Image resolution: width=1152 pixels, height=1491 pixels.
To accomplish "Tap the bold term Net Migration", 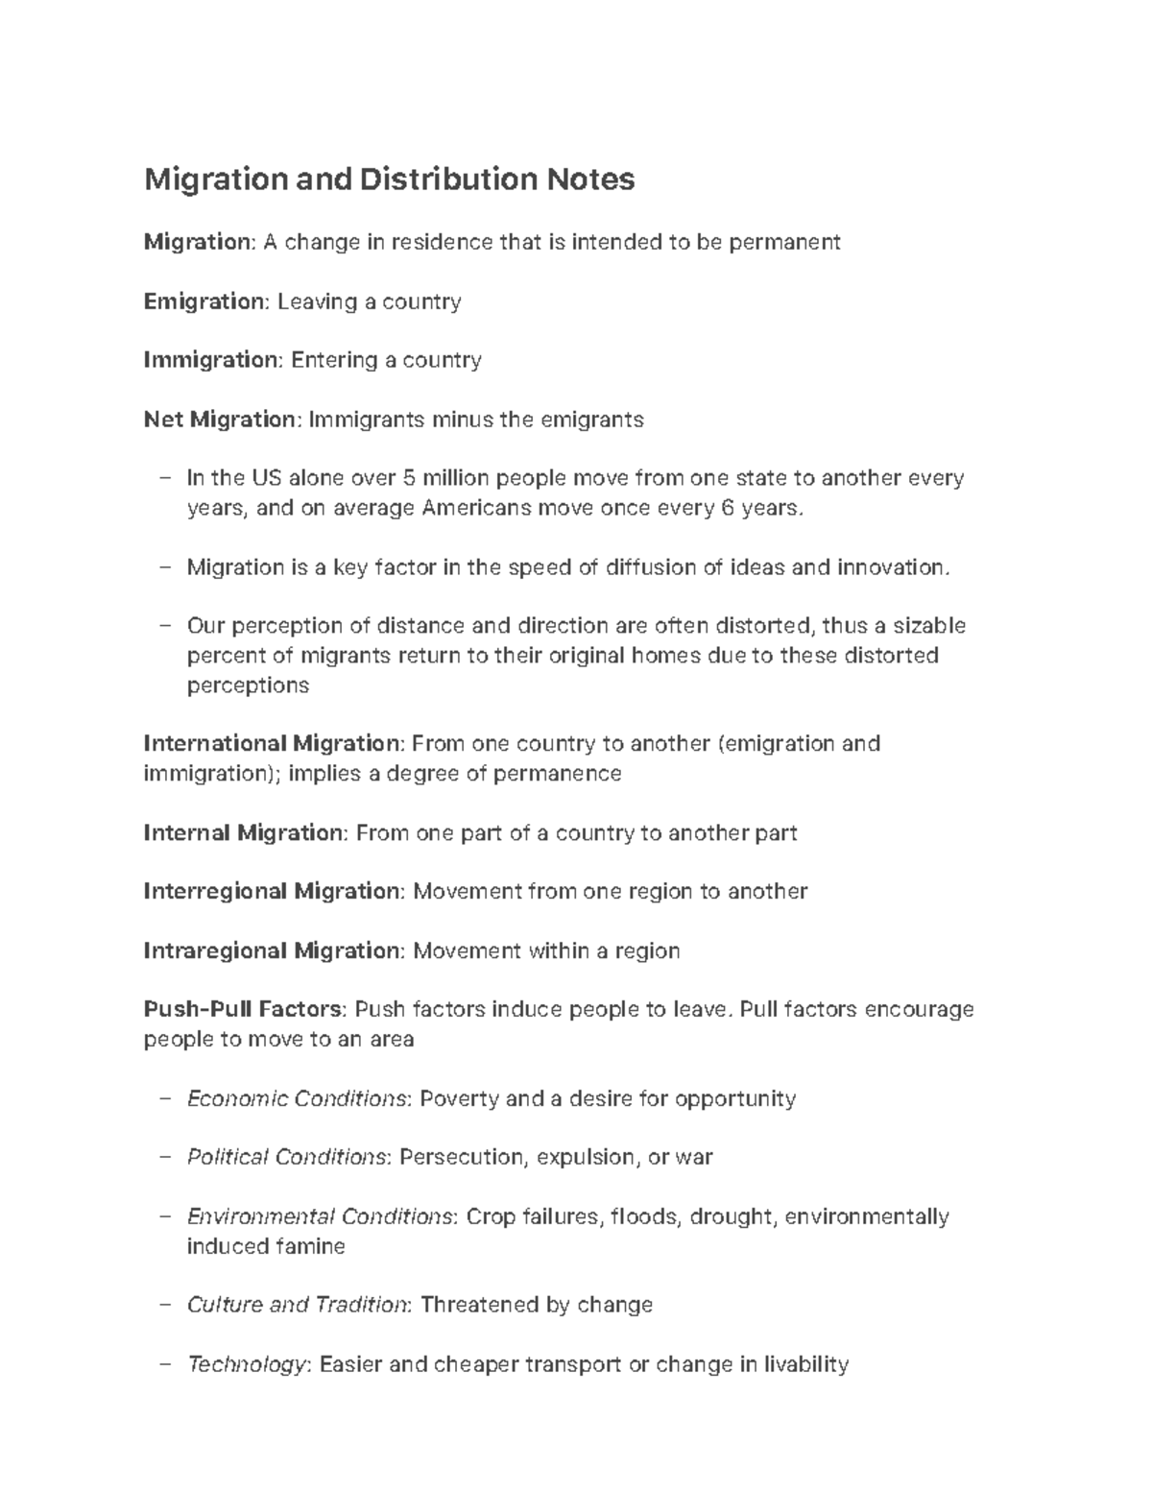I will pyautogui.click(x=220, y=420).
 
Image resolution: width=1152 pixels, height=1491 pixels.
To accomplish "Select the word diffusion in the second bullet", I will pyautogui.click(x=651, y=567).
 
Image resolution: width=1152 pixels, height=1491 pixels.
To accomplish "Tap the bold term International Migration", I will pyautogui.click(x=271, y=744).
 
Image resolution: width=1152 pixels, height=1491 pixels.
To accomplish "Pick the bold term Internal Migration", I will pyautogui.click(x=242, y=832).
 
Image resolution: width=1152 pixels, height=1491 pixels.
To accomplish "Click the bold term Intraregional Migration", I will pyautogui.click(x=271, y=951).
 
